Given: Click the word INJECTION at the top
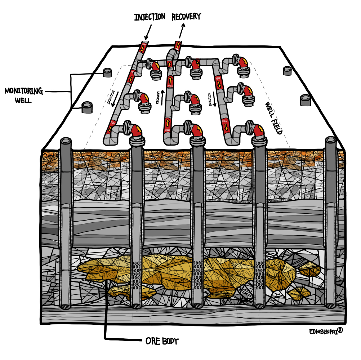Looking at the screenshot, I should point(150,17).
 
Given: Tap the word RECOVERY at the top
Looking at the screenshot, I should point(186,17).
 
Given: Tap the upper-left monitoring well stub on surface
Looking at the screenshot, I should point(107,72).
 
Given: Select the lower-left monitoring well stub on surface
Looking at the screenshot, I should point(87,107).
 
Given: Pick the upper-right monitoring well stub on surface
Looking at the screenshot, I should point(287,70).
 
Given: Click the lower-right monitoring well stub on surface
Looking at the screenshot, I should point(306,100).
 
